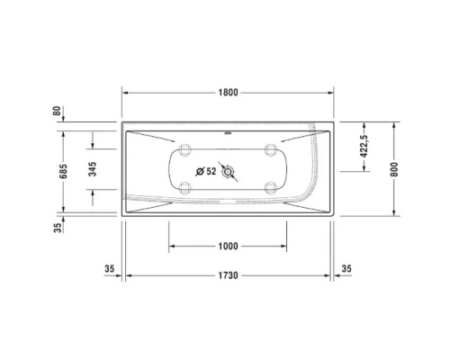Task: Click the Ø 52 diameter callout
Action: tap(205, 170)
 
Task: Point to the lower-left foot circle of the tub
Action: tap(186, 188)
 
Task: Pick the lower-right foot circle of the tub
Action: tap(271, 188)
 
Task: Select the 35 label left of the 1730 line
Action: tap(109, 268)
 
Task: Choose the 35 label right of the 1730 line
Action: tap(346, 268)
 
